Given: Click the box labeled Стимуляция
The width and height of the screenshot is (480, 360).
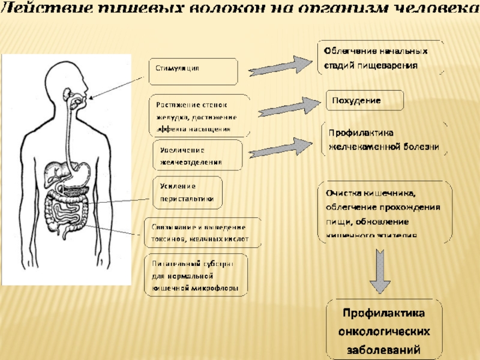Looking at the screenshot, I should (x=193, y=71).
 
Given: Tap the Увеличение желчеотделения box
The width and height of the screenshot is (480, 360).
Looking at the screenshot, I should (x=197, y=155).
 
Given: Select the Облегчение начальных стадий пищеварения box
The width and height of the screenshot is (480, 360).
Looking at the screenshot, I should (x=380, y=58).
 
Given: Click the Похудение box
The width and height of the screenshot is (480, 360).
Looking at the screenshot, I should (x=364, y=101).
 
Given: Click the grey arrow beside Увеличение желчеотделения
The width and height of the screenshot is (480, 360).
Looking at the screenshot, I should (x=282, y=149).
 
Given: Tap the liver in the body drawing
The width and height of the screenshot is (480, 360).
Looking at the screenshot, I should (x=59, y=170).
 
